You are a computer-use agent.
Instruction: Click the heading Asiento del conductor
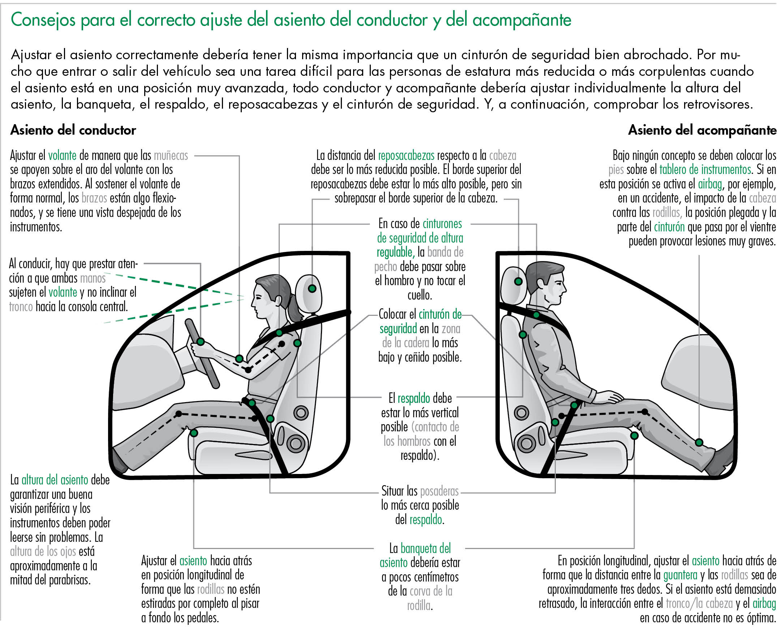coord(73,130)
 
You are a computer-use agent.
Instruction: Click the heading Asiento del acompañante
coord(702,130)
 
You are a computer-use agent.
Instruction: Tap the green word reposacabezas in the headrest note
coord(406,156)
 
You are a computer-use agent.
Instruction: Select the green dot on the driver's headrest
coord(312,288)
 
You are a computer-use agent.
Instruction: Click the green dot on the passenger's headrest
coord(518,281)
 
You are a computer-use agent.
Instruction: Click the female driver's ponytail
coord(295,310)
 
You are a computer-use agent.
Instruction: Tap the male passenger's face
coord(555,289)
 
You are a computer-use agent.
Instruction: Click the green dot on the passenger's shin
coord(699,443)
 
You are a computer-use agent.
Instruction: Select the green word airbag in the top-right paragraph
coord(709,184)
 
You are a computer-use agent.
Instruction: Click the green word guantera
coord(680,575)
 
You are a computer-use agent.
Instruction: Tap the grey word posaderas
coord(439,491)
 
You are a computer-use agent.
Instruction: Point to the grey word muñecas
coord(171,156)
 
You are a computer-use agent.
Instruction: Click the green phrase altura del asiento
coord(55,480)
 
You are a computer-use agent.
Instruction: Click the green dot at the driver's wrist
coord(239,359)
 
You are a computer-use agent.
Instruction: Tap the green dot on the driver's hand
coord(200,341)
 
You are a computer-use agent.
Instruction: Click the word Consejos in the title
coord(43,20)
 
